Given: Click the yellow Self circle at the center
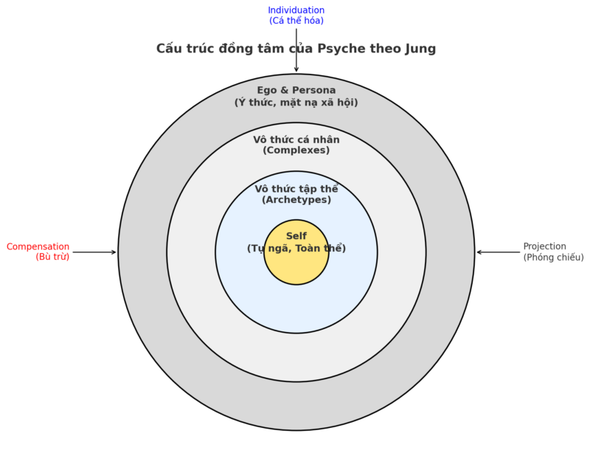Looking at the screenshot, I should (x=296, y=269).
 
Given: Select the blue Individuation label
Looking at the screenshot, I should (x=296, y=10).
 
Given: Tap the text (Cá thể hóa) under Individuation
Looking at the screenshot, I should (x=296, y=21).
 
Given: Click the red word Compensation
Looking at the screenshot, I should (x=38, y=246).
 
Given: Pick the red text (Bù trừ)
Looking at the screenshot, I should (x=52, y=257).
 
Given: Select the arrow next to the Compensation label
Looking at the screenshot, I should (x=94, y=252).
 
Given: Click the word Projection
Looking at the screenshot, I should (x=544, y=246).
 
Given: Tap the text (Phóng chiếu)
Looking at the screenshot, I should (x=553, y=257).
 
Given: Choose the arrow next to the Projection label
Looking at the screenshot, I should (x=498, y=252).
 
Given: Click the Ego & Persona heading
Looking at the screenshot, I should (x=296, y=90).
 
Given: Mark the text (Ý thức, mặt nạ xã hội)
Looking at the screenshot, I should (x=296, y=103).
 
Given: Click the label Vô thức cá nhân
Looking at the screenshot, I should (x=296, y=139).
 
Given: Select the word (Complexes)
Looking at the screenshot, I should (x=296, y=151).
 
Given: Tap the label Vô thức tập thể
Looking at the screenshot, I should (x=296, y=189).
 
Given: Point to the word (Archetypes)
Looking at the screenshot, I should (x=296, y=200).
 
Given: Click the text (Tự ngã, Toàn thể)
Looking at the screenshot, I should (x=296, y=249).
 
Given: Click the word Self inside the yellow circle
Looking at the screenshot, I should (x=296, y=236).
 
